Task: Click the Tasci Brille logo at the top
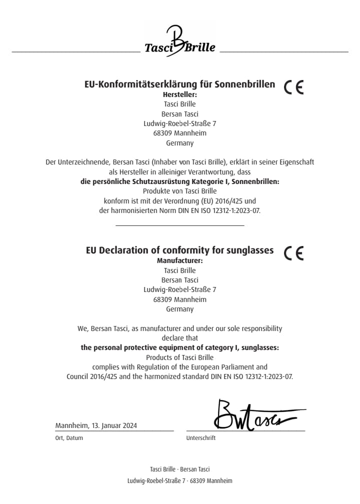(x=180, y=42)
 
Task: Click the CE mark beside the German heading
(x=293, y=87)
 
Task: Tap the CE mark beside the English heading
(x=293, y=253)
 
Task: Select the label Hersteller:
(x=180, y=94)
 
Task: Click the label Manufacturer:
(x=180, y=260)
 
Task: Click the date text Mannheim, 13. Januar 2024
(x=96, y=426)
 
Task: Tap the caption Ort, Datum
(x=69, y=438)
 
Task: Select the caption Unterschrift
(x=200, y=438)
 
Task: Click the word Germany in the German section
(x=180, y=143)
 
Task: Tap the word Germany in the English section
(x=180, y=309)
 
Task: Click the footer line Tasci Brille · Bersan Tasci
(x=180, y=469)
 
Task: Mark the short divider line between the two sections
(x=180, y=225)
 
